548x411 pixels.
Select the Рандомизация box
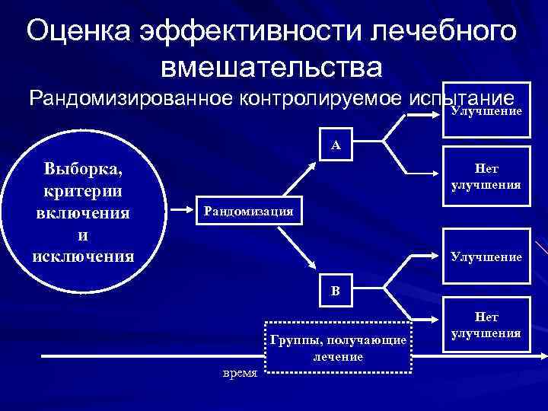(248, 211)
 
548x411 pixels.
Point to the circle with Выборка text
(84, 211)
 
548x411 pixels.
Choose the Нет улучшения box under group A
(486, 177)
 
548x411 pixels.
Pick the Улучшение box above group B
(486, 256)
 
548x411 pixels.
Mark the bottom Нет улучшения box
(486, 326)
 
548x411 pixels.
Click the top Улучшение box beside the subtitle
(486, 110)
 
